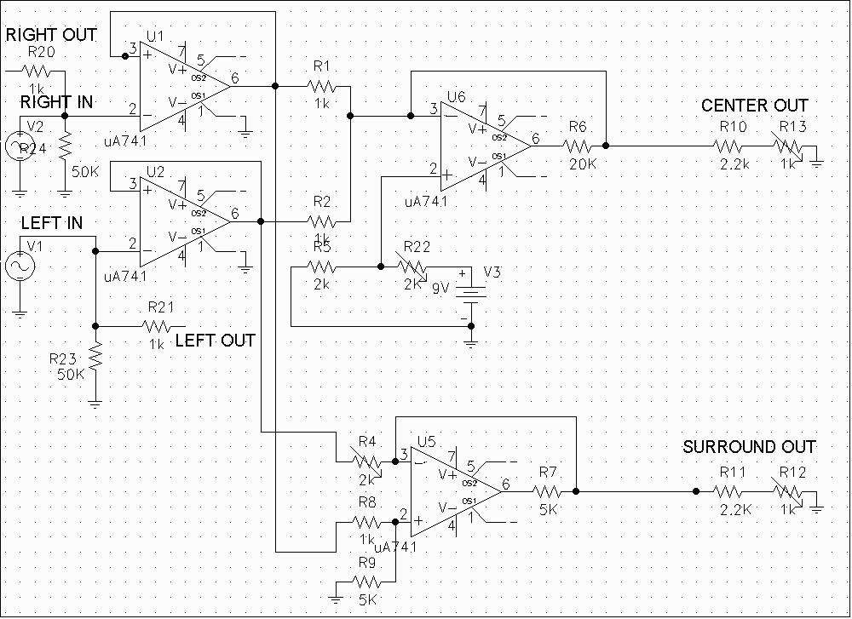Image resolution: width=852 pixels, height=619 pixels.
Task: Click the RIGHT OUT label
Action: (52, 35)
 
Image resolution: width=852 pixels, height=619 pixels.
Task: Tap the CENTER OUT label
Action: (755, 106)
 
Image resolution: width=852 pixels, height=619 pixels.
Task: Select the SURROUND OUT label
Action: (750, 447)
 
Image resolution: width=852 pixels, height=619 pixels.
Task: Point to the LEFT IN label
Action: (53, 224)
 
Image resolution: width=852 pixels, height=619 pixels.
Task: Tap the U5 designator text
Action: (426, 441)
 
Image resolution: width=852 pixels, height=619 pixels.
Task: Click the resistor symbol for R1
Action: (322, 86)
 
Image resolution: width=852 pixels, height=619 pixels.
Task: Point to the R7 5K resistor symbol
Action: (547, 490)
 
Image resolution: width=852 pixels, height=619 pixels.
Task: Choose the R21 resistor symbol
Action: (157, 325)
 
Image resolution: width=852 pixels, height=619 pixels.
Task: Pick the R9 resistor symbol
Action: (368, 582)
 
